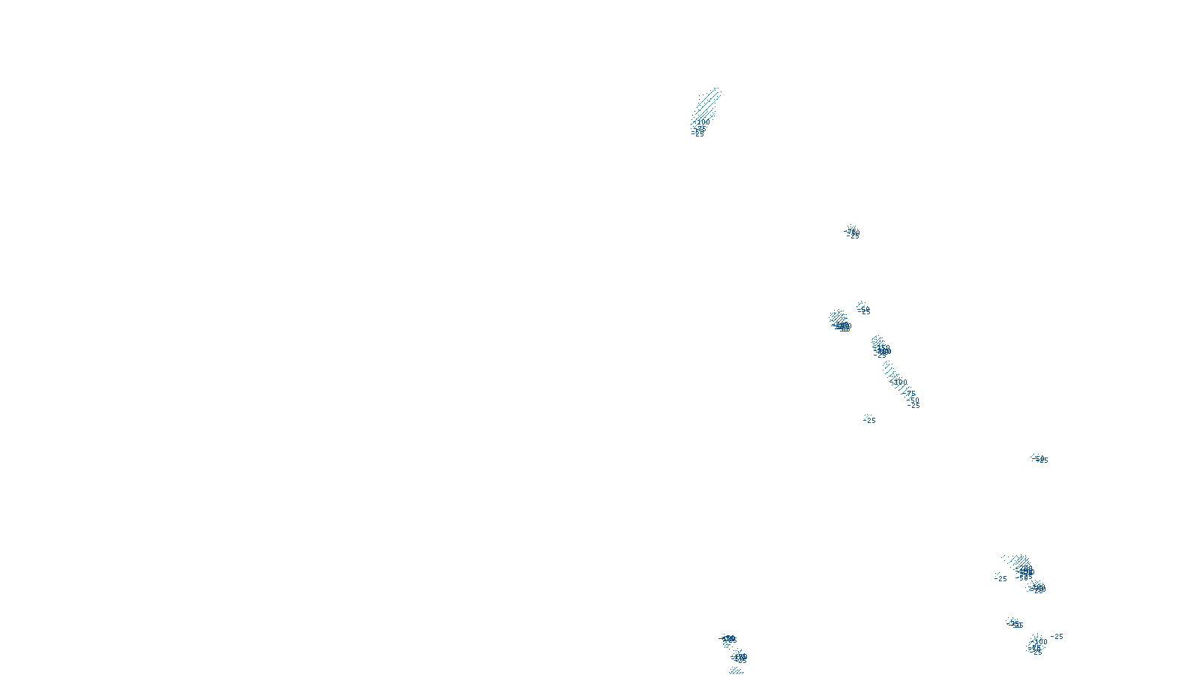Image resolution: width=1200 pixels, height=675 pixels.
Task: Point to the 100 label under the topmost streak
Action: click(703, 121)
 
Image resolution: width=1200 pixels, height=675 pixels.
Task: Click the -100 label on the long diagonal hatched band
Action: click(899, 382)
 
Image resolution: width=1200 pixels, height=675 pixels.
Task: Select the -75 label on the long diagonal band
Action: click(910, 393)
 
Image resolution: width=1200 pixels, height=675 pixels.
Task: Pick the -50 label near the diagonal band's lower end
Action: click(913, 400)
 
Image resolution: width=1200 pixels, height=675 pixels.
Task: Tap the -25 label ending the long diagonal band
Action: click(913, 406)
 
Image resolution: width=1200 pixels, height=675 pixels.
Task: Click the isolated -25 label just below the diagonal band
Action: click(870, 421)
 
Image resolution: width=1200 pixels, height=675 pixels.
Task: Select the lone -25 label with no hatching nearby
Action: click(1057, 637)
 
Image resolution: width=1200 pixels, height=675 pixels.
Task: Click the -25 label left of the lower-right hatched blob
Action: click(1001, 579)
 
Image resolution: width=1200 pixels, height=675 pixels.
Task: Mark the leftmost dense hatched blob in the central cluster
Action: click(838, 320)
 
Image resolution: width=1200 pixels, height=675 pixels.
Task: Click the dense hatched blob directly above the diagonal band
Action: click(880, 346)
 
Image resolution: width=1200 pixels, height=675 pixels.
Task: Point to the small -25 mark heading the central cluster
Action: click(851, 232)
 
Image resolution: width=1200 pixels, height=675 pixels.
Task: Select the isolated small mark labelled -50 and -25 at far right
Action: click(1039, 459)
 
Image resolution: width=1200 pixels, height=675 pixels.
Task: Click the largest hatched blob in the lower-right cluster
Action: click(1021, 564)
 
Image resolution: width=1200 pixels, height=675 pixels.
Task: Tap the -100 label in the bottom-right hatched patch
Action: click(1040, 642)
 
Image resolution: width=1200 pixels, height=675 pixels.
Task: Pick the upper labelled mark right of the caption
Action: click(727, 639)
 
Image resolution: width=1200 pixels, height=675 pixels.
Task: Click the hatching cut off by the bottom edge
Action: click(736, 671)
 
